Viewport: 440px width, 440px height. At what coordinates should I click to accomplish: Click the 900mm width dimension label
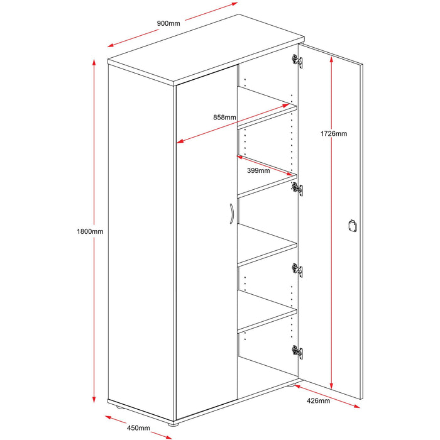coord(168,23)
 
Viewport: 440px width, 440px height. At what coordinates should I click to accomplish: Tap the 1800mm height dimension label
coord(90,231)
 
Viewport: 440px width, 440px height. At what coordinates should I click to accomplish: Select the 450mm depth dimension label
coord(138,428)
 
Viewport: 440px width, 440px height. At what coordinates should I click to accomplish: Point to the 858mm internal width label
coord(224,118)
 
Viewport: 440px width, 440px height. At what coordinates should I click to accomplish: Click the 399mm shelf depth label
coord(258,170)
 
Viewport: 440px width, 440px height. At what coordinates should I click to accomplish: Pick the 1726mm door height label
coord(334,133)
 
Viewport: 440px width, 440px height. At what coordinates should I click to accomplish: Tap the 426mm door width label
coord(318,401)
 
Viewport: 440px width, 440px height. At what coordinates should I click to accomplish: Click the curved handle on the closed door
coord(231,214)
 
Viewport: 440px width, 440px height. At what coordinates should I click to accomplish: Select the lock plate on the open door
coord(352,226)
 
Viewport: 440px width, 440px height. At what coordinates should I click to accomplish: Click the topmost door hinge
coord(297,61)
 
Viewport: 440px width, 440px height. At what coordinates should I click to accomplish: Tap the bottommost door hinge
coord(297,352)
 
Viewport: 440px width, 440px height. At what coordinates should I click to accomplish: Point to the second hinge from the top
coord(297,189)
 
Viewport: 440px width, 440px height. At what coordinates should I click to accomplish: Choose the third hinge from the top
coord(297,270)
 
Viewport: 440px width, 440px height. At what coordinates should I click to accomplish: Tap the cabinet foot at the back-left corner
coord(119,407)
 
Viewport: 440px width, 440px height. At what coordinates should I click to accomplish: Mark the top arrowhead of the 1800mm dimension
coord(94,62)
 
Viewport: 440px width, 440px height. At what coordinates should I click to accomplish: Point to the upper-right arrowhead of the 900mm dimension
coord(234,4)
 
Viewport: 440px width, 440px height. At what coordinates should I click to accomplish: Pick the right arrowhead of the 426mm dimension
coord(356,406)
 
